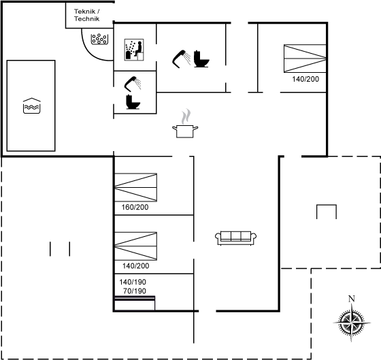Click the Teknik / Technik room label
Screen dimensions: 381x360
pyautogui.click(x=87, y=15)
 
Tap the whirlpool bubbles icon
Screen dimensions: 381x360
pyautogui.click(x=99, y=39)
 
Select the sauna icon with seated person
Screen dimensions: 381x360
pyautogui.click(x=134, y=50)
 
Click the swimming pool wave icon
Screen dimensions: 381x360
pyautogui.click(x=31, y=105)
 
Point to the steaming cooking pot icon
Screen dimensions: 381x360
pyautogui.click(x=185, y=123)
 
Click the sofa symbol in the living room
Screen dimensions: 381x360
pyautogui.click(x=235, y=238)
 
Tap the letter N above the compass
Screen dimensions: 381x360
pyautogui.click(x=351, y=299)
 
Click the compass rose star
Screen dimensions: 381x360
pyautogui.click(x=351, y=323)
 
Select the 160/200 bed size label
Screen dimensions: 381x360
pyautogui.click(x=135, y=207)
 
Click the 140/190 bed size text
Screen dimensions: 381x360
pyautogui.click(x=133, y=282)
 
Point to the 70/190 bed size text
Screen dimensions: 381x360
pyautogui.click(x=135, y=291)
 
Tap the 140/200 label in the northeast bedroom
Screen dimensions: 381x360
pyautogui.click(x=305, y=79)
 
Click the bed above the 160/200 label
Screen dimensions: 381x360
pyautogui.click(x=135, y=187)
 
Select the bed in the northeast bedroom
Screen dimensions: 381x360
pyautogui.click(x=305, y=59)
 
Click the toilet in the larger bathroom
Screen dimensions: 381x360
pyautogui.click(x=201, y=59)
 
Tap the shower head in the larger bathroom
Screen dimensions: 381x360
pyautogui.click(x=181, y=59)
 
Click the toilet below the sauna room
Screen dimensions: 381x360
pyautogui.click(x=133, y=102)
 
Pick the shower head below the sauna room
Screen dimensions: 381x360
pyautogui.click(x=133, y=84)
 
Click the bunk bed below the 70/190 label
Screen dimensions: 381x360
pyautogui.click(x=135, y=303)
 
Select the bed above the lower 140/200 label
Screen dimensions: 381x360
pyautogui.click(x=135, y=246)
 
